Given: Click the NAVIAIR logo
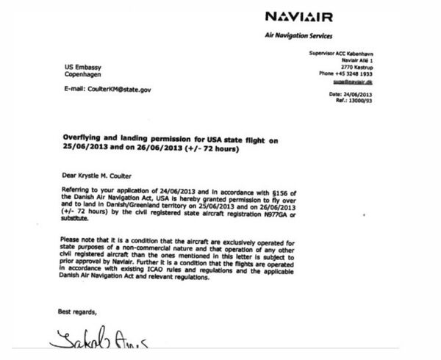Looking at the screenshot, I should [x=298, y=15].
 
